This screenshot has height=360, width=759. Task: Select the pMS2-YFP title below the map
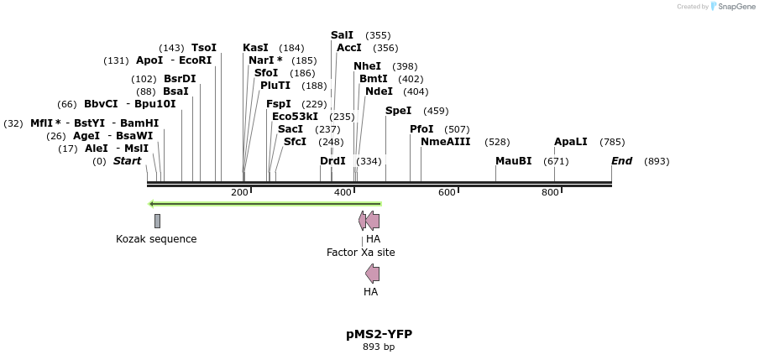[x=379, y=334]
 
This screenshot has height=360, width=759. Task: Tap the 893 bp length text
[x=379, y=347]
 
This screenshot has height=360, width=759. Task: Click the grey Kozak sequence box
[x=157, y=221]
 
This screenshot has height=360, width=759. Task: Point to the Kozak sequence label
[x=156, y=239]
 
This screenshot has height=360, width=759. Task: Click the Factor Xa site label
[x=361, y=253]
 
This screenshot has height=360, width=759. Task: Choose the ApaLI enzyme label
[x=571, y=143]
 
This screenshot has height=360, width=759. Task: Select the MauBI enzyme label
[x=513, y=161]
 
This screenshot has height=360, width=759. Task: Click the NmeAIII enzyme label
[x=446, y=143]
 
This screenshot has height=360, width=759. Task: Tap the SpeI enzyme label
[x=399, y=111]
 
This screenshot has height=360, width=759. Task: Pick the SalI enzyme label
[x=342, y=35]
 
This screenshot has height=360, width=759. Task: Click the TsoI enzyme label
[x=204, y=48]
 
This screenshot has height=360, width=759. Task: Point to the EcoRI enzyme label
[x=196, y=60]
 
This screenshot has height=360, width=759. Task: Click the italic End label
[x=621, y=161]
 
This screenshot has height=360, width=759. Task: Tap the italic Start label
[x=128, y=161]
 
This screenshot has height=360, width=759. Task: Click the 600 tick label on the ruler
[x=447, y=193]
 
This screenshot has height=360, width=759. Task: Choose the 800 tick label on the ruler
[x=550, y=193]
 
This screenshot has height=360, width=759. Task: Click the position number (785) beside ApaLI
[x=612, y=143]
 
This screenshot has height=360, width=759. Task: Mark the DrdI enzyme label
[x=332, y=161]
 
